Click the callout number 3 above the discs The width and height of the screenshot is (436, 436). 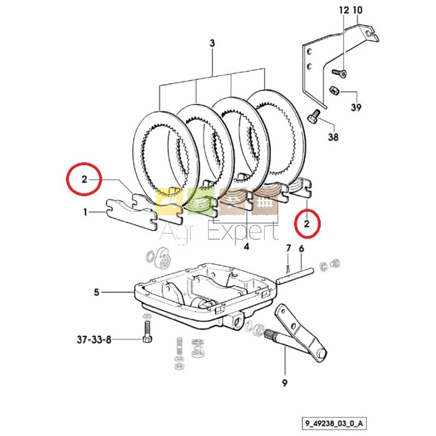tap(212, 44)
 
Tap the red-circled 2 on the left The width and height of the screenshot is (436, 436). tap(84, 179)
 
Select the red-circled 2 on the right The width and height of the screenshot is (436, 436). tap(306, 224)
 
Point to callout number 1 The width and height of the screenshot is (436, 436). tap(85, 213)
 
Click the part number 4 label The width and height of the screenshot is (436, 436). tap(247, 247)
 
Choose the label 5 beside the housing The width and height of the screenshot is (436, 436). tap(96, 293)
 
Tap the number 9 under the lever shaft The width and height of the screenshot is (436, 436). tap(284, 384)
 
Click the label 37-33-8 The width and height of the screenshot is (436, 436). tap(93, 340)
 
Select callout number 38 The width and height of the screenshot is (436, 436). tap(333, 137)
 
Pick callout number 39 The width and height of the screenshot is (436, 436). tap(356, 108)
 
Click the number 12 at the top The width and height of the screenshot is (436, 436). tap(344, 11)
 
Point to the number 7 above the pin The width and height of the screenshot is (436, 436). tap(288, 248)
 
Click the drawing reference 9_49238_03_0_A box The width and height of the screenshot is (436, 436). tap(334, 424)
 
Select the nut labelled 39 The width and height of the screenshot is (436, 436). tap(333, 90)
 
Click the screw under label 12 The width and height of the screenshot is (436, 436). tap(339, 73)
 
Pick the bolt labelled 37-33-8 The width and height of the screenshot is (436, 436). tap(147, 332)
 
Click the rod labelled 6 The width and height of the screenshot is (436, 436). tap(296, 275)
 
